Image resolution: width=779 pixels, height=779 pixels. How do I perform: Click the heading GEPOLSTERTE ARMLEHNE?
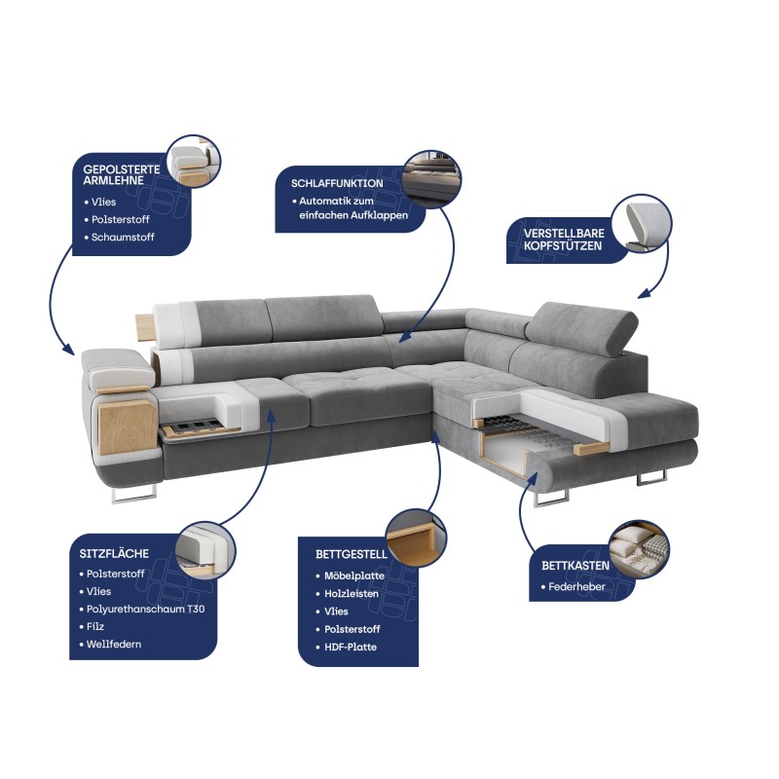pos(122,175)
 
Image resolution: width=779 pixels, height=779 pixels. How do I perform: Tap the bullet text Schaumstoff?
pos(123,238)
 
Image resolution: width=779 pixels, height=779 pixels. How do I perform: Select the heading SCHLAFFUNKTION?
pos(337,183)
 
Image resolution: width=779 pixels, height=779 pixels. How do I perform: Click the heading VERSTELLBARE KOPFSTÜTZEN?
pos(564,240)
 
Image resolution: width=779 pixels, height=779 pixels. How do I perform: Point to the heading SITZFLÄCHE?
pos(114,553)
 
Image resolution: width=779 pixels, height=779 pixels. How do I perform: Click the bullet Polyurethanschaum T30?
pos(145,610)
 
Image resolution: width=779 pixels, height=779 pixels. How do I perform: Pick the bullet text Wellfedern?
pos(113,645)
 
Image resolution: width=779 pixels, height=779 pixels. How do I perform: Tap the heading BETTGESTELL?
pos(352,554)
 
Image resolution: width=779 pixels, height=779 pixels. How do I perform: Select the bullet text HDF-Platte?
pos(351,648)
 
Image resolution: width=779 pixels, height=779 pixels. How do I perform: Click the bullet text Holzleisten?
pos(352,594)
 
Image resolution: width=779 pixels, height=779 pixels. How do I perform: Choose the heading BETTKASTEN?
pos(575,566)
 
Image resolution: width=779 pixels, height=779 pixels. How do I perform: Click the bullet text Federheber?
pos(576,587)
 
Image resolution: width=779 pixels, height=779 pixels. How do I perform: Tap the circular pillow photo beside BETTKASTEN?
pos(639,549)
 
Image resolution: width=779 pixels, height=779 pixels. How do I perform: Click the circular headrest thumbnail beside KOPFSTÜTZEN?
pos(642,224)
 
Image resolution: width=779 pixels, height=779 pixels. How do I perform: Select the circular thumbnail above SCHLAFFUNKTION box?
pos(431,180)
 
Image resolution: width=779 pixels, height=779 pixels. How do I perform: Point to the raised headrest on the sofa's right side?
pos(582,329)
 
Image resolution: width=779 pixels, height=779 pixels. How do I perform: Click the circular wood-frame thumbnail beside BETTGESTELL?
pos(417,538)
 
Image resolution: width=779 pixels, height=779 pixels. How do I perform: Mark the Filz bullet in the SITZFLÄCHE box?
pos(94,627)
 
